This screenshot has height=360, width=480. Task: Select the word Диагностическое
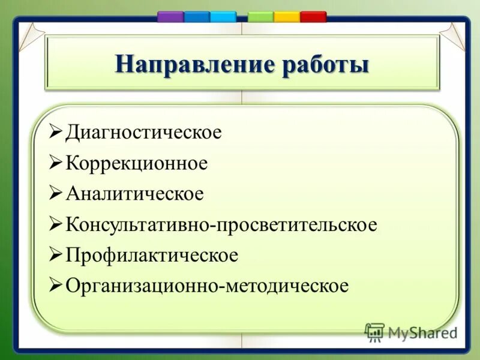point(143,132)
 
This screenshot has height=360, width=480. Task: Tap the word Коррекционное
point(136,163)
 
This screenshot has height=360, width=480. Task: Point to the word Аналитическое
point(134,194)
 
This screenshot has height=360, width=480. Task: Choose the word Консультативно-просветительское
point(221,225)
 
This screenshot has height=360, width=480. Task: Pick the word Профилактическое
point(151,256)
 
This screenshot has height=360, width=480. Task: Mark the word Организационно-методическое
point(206,286)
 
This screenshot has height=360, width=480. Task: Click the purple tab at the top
point(170,17)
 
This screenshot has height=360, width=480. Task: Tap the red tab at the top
point(313,17)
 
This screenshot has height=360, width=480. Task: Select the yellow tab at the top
point(286,17)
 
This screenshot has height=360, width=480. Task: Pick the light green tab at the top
point(260,17)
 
